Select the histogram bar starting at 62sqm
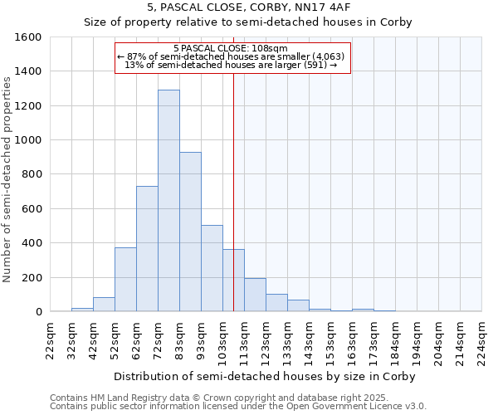point(147,249)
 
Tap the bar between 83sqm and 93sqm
point(190,232)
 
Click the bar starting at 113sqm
point(255,295)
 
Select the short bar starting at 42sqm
point(104,305)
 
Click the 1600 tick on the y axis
point(28,37)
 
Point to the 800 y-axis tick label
point(31,174)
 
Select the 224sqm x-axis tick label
point(481,340)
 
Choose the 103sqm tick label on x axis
point(222,340)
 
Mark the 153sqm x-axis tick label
point(330,340)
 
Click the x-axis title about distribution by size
point(265,376)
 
